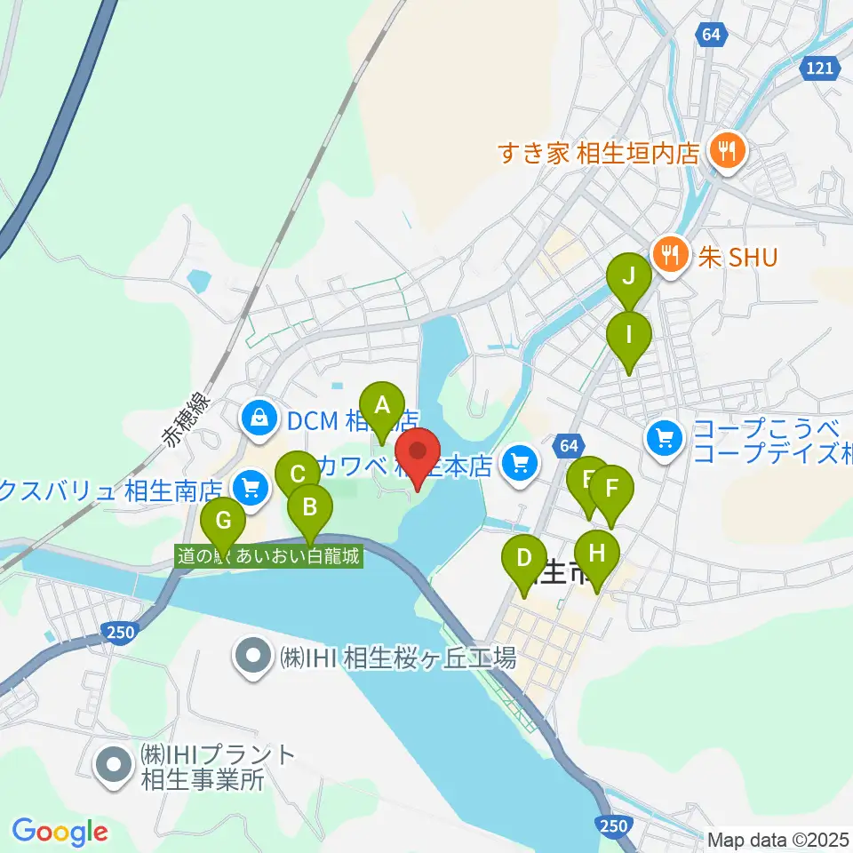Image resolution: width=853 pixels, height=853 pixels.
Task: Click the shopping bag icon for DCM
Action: point(258,415)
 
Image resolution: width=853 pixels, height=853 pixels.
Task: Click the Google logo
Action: point(60,832)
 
